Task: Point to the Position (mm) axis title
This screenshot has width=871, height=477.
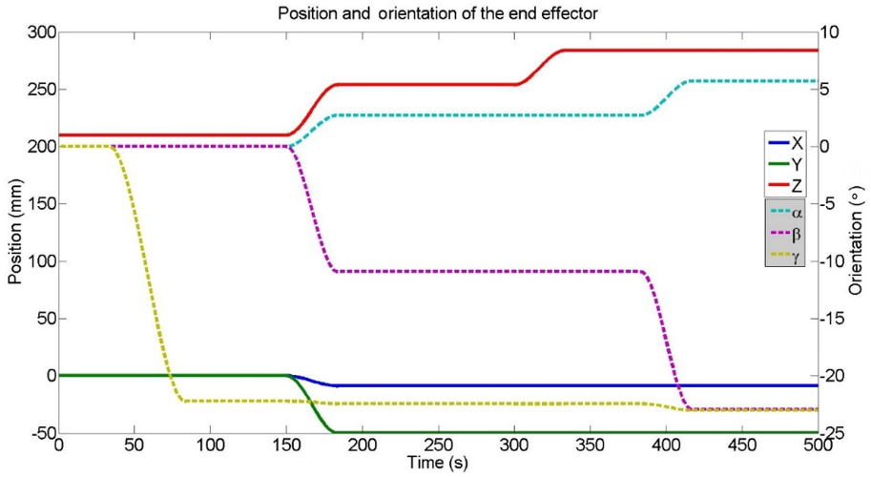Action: [13, 232]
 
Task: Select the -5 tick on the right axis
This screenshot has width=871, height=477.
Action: [830, 203]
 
